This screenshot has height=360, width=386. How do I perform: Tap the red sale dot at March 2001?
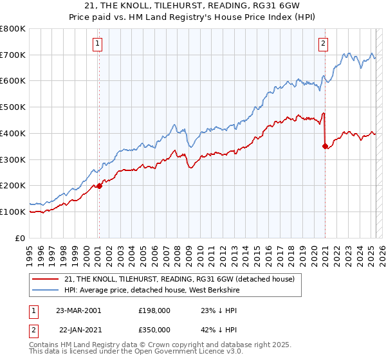(x=100, y=186)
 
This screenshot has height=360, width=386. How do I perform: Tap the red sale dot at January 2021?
(x=326, y=146)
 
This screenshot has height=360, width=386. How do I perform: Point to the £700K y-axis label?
(x=13, y=55)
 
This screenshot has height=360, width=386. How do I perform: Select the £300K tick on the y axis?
(x=13, y=159)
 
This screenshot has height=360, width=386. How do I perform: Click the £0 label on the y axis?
(x=21, y=238)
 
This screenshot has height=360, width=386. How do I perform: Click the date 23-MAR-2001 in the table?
(x=78, y=310)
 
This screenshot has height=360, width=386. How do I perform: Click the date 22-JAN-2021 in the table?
(x=78, y=330)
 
